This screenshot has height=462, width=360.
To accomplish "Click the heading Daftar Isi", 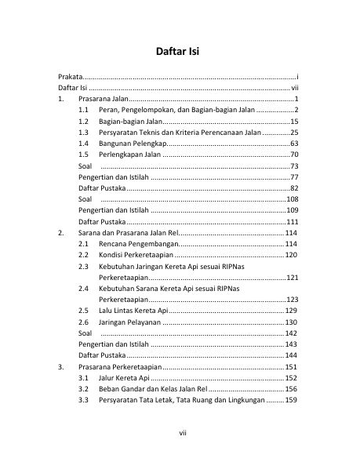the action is [x=180, y=53].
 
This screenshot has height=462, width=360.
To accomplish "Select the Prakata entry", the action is [x=71, y=77].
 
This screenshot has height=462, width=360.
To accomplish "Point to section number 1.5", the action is [x=83, y=155].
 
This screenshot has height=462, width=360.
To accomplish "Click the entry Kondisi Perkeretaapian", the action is [x=136, y=256].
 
